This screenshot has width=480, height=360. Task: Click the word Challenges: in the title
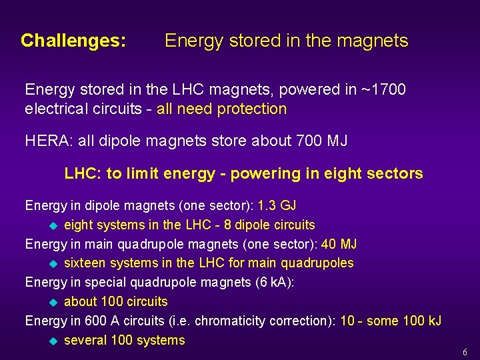point(73,41)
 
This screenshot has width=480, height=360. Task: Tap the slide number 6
point(465,352)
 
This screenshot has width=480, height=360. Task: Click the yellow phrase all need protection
point(221,109)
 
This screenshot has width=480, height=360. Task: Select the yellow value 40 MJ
point(339,244)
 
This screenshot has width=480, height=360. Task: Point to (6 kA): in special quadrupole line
point(275,282)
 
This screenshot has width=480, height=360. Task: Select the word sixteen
point(87,263)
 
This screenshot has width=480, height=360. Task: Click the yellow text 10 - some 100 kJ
point(391,321)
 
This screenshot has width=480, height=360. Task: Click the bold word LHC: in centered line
point(83,174)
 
